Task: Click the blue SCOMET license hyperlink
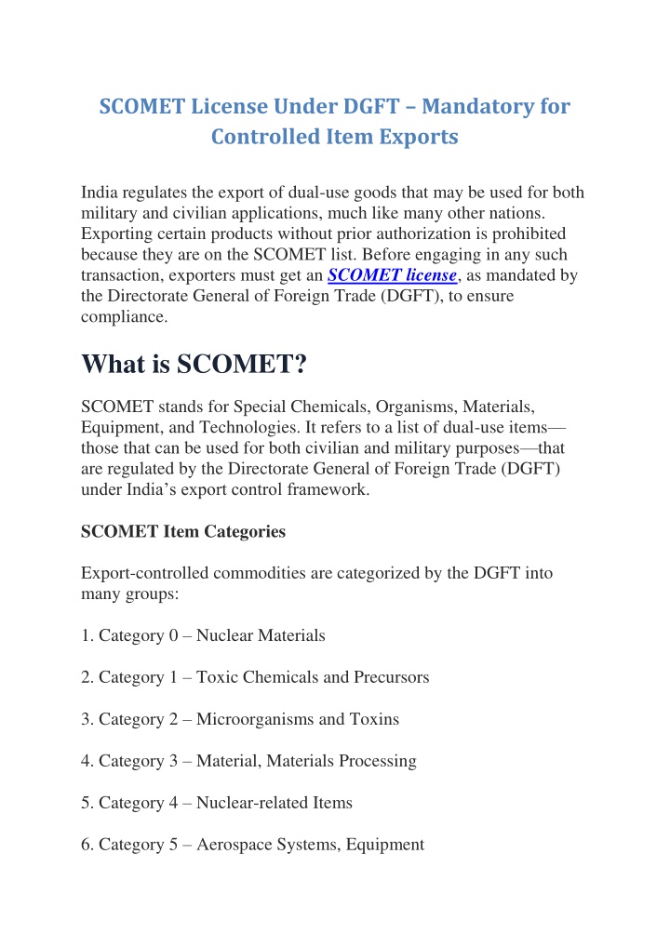coord(392,275)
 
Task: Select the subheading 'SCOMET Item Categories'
coord(183,531)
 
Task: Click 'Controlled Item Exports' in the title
coord(335,137)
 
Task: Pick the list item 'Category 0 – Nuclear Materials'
coord(203,635)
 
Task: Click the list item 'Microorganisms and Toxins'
coord(240,719)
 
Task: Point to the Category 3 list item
coord(248,761)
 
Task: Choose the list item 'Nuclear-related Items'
coord(216,803)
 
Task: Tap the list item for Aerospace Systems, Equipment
coord(252,845)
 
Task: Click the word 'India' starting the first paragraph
coord(100,193)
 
